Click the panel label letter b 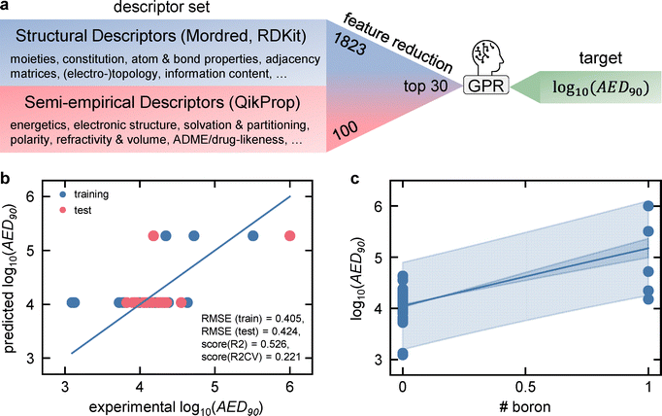pyautogui.click(x=7, y=181)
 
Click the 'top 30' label pyautogui.click(x=425, y=86)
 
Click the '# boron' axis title pyautogui.click(x=525, y=401)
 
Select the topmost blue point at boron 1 pyautogui.click(x=648, y=206)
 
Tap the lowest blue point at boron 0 pyautogui.click(x=403, y=354)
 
